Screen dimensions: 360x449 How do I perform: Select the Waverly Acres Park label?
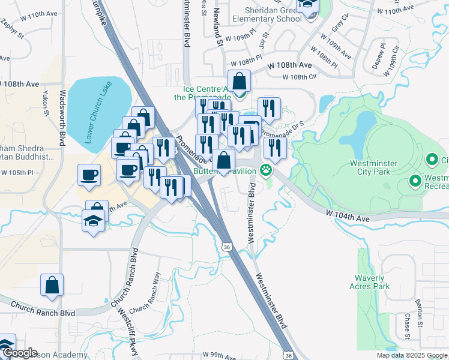(369, 282)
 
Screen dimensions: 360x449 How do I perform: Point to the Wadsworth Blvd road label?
(62, 121)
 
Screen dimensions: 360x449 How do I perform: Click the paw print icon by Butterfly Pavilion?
(266, 172)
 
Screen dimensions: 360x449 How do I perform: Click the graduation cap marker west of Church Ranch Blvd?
(94, 220)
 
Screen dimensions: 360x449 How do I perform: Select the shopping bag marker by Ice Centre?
(239, 82)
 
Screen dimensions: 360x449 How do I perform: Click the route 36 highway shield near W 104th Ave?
(226, 247)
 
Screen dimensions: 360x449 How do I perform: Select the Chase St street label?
(406, 326)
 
